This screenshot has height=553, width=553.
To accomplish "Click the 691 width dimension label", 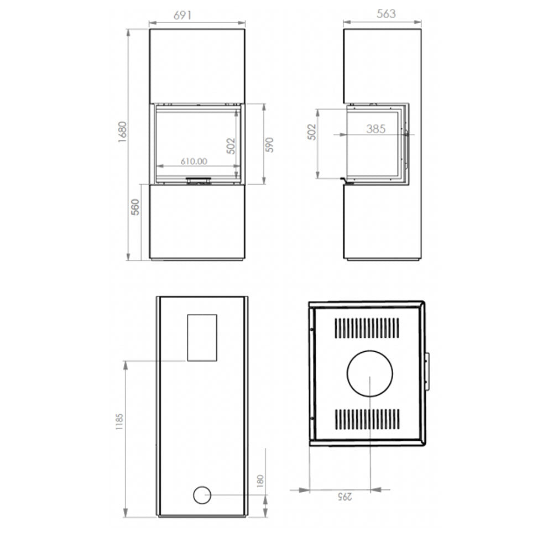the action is coord(182,15).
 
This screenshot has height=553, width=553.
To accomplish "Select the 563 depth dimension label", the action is coord(386,14).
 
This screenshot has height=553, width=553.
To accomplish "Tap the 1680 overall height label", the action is coord(122,132).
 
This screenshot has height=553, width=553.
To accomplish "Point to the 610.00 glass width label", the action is coord(194,161).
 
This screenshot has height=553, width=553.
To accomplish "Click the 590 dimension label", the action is coord(269,144).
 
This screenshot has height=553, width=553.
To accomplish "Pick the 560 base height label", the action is coord(135,207).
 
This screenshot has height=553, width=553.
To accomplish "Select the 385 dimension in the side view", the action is coord(375,129).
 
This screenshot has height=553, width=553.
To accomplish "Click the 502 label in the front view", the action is coord(230,145).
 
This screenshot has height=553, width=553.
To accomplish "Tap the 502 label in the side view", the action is coord(312,132).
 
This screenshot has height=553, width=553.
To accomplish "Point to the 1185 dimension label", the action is coord(119,421).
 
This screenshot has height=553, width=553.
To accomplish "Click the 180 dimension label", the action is coord(260,481).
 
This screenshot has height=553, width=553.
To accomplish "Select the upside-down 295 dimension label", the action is coord(345,497).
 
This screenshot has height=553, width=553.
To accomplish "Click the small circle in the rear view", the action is coord(202,495).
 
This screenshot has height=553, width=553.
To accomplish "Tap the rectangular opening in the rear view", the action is coord(202,337).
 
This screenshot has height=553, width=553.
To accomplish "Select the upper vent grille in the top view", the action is coord(367,328).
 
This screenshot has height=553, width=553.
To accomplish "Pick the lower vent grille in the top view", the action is coord(367,419).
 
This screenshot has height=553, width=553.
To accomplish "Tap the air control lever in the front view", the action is coord(199,180).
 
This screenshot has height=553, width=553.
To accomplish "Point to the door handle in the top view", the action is coord(427,371).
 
